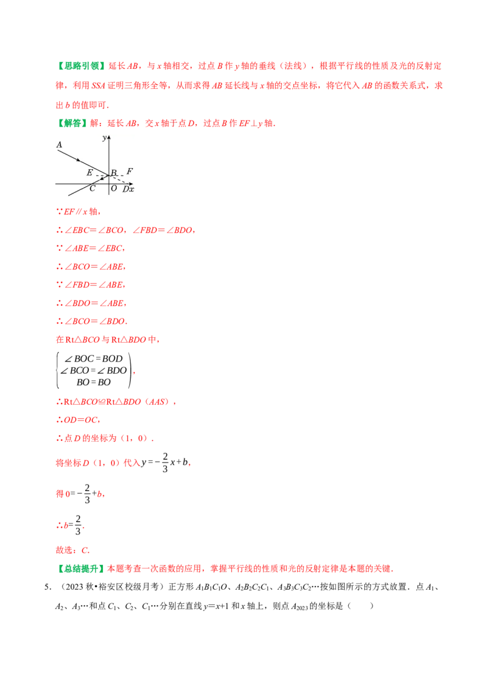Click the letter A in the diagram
pos(59,145)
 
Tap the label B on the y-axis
pos(114,173)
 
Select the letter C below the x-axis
pos(92,189)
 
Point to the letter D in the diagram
pos(125,189)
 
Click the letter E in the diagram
pos(89,173)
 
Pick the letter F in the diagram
pos(130,172)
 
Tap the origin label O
pos(114,189)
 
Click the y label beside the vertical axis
pos(104,138)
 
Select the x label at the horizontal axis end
pos(131,189)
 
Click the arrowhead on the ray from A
pos(78,160)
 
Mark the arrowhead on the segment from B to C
pos(101,178)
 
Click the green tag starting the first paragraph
pos(83,66)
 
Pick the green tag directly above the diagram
pos(73,124)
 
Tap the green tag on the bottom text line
pos(83,568)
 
